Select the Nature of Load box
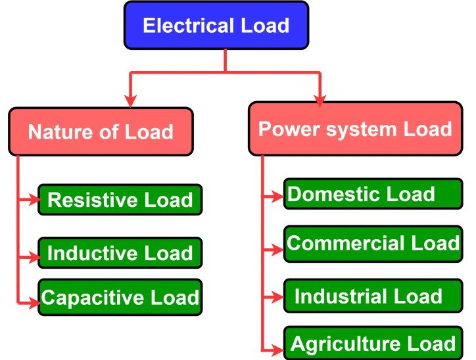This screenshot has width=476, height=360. tap(101, 132)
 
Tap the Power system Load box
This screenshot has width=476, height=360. tap(355, 128)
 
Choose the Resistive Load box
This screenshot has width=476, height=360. tap(120, 200)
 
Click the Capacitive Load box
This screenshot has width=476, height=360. tap(120, 297)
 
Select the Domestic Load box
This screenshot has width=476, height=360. tap(371, 194)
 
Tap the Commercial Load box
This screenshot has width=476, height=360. tap(372, 243)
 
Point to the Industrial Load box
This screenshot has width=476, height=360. tap(371, 296)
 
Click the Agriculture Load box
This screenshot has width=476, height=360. tap(372, 343)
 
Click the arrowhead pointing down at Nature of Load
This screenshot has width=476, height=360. tap(131, 100)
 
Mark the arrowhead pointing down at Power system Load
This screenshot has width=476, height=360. tap(320, 99)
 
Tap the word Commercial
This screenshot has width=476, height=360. tap(339, 243)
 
